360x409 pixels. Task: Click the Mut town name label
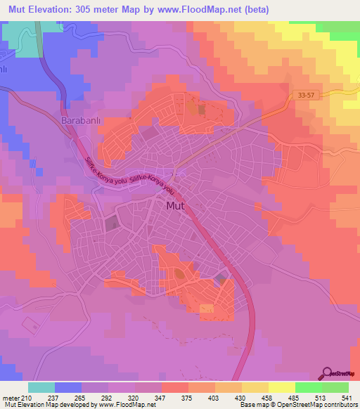click(x=176, y=206)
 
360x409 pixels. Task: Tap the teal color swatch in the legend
click(x=41, y=387)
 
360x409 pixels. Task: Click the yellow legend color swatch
click(x=282, y=387)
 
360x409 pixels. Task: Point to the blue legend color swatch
click(x=68, y=387)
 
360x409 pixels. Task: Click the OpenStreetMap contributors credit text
click(x=302, y=404)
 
